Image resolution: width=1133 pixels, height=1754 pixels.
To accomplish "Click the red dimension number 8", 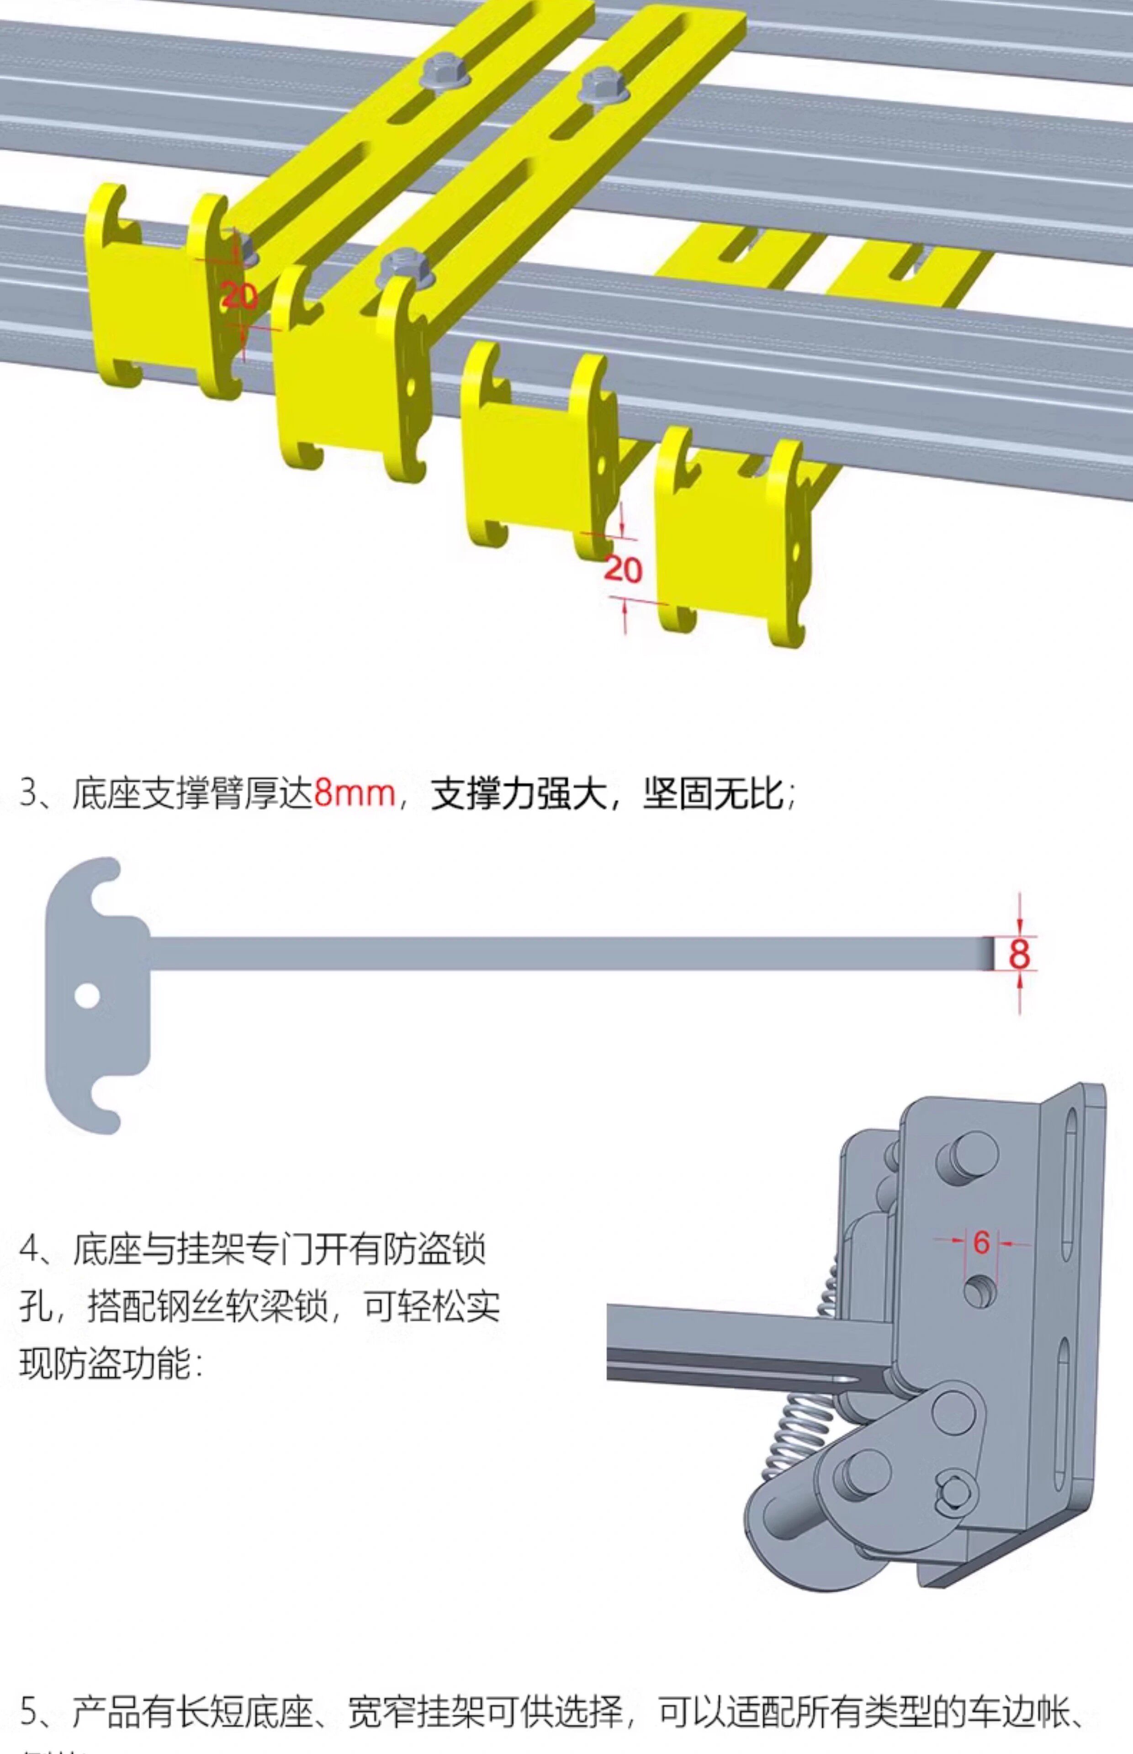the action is pos(1019,954).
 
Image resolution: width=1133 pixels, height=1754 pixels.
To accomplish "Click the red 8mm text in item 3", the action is pos(354,793).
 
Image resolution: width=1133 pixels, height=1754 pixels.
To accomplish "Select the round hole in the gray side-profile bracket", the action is pos(87,997).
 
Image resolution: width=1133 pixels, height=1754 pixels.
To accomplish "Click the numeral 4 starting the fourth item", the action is pos(29,1249).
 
